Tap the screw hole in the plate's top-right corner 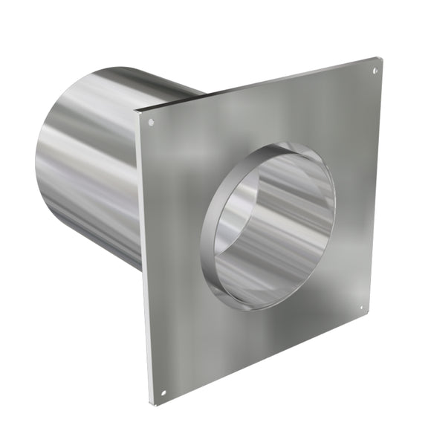coord(375,71)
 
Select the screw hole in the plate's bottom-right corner coord(362,306)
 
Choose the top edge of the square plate coord(260,82)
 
